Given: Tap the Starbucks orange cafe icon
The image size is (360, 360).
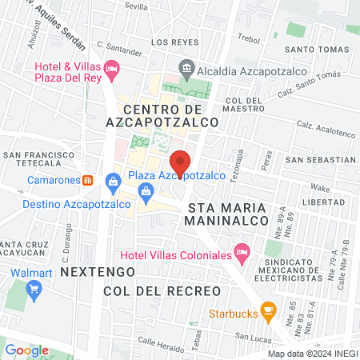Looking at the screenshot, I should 269,310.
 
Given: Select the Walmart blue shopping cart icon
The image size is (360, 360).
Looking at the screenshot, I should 34,290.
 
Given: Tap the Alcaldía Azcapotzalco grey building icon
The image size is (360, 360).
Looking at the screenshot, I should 186,68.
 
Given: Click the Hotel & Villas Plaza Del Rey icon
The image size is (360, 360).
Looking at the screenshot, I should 112,70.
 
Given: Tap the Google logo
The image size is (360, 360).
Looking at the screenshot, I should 26,350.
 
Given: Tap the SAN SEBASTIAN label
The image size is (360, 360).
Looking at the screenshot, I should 320,160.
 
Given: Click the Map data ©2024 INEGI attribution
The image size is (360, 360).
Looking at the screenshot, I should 312,354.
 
